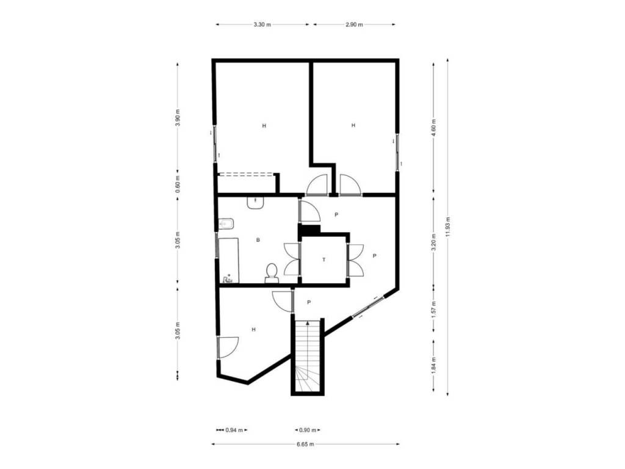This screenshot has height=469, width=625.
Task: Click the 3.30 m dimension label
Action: point(262,24)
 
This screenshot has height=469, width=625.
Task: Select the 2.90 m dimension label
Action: point(354,24)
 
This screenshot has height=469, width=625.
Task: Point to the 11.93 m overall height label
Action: point(448,227)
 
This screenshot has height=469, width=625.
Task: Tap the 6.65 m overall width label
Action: point(305,444)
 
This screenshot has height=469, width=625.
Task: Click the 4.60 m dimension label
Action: point(434,128)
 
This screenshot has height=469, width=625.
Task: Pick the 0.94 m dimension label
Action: point(234,430)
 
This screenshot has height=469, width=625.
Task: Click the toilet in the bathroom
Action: point(272,273)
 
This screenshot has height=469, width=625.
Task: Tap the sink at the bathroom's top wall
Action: point(255,202)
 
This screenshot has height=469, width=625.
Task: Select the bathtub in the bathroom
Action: point(229,261)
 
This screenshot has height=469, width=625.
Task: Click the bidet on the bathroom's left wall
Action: point(226,224)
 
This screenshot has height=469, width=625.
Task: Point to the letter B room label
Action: point(258,240)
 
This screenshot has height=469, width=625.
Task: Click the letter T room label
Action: point(323,260)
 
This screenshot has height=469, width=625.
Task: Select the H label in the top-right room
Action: point(353,125)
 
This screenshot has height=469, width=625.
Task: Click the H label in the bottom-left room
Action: point(253,329)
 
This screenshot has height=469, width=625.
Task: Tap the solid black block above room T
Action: point(310,230)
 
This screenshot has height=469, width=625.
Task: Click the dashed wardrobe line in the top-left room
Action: point(246,174)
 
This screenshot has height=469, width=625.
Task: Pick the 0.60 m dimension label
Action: point(178,184)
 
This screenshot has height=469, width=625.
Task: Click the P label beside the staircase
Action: point(309,303)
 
